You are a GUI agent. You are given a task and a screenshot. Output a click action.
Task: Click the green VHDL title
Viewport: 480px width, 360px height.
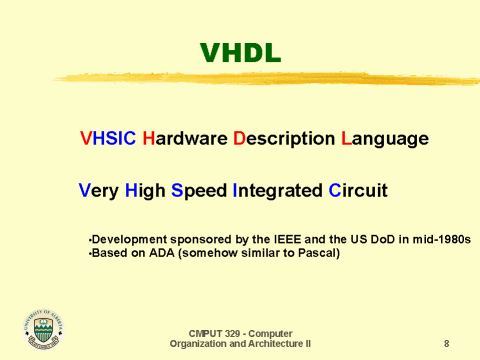click(x=240, y=53)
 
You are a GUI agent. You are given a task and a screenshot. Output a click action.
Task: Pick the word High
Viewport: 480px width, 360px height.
click(x=147, y=190)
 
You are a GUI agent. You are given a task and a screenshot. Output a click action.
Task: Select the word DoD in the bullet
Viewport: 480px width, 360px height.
click(x=371, y=241)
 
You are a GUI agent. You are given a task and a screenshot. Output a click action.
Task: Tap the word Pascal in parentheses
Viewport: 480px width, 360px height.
click(x=315, y=254)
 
